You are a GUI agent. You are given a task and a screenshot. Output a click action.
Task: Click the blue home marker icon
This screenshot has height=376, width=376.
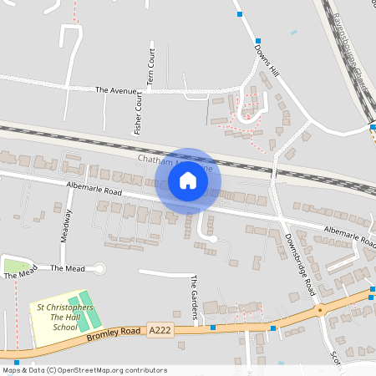[x=188, y=180]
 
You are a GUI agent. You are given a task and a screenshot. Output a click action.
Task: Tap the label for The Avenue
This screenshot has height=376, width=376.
[x=114, y=89]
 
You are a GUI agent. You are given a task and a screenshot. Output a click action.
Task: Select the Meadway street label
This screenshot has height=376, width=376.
[x=67, y=225]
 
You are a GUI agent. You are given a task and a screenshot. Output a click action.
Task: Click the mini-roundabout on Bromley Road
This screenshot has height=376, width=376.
[x=319, y=310]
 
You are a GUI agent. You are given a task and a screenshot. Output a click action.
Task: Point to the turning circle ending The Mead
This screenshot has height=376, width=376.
[x=100, y=268]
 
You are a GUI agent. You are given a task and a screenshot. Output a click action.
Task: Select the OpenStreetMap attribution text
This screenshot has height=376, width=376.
[x=84, y=370]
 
